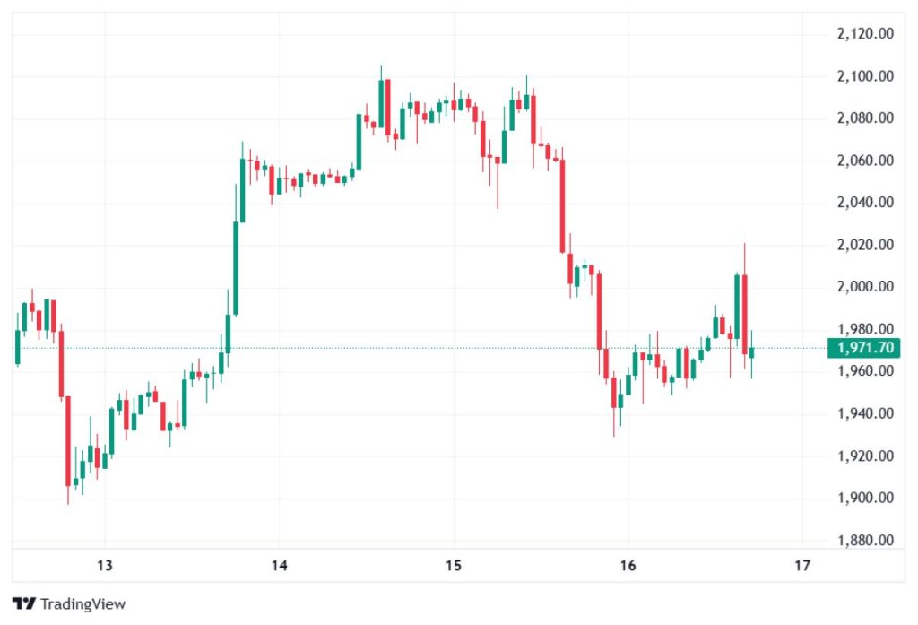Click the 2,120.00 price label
coord(864,34)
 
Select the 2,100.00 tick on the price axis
coord(864,76)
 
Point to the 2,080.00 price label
coord(864,118)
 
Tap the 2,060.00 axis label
coord(864,161)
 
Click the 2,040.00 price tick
coord(864,203)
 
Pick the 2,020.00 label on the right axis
coord(864,245)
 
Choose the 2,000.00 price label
coord(864,287)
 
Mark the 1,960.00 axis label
coord(864,371)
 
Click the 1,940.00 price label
coord(864,413)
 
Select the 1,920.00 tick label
coord(864,456)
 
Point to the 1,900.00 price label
coord(864,499)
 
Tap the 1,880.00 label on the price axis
coord(864,541)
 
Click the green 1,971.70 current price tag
coord(863,348)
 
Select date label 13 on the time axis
coord(105,566)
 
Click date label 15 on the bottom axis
coord(454,566)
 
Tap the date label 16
coord(628,566)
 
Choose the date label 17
coord(802,566)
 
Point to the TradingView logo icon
coord(23,603)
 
